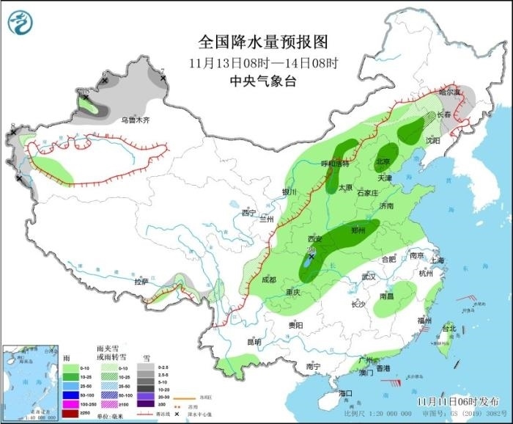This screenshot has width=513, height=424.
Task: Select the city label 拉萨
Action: click(141, 281)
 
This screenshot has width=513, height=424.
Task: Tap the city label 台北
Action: click(448, 329)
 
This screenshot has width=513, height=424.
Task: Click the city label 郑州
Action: click(358, 230)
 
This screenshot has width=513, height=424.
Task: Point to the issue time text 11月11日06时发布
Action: click(456, 401)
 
